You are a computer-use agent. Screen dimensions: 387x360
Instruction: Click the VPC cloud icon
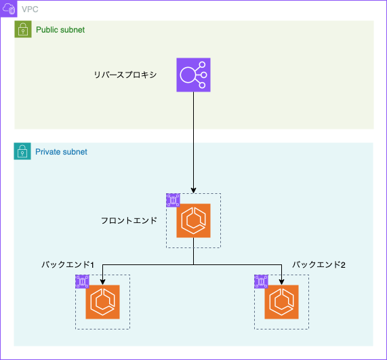[9, 9]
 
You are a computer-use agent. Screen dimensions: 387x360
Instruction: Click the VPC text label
[30, 9]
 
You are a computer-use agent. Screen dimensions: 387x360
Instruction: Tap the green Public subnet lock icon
[23, 29]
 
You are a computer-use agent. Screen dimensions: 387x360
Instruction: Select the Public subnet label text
[60, 30]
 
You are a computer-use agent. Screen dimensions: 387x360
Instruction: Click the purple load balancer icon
[194, 75]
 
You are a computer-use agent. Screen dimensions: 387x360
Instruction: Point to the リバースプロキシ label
[125, 75]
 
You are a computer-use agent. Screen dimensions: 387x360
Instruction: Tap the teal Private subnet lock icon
[22, 151]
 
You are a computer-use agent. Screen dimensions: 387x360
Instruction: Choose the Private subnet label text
[61, 152]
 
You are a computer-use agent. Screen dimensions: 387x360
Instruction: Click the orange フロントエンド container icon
[194, 220]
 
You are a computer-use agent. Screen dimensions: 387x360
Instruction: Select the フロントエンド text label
[129, 220]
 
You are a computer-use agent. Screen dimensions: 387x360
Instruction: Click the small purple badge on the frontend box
[173, 200]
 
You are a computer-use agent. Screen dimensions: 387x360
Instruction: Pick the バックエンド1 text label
[68, 264]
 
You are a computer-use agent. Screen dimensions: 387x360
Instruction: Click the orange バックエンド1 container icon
[102, 302]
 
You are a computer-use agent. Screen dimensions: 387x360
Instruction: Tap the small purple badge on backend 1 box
[82, 281]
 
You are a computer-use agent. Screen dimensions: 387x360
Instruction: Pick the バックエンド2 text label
[319, 264]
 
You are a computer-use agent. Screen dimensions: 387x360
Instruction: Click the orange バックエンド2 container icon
[282, 302]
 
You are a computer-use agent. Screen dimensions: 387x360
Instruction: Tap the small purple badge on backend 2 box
[261, 281]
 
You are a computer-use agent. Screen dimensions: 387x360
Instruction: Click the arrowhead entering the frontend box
[194, 191]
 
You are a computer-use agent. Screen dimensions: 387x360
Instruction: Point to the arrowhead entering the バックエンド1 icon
[102, 282]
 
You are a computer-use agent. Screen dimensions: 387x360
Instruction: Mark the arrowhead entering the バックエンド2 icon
[282, 282]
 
